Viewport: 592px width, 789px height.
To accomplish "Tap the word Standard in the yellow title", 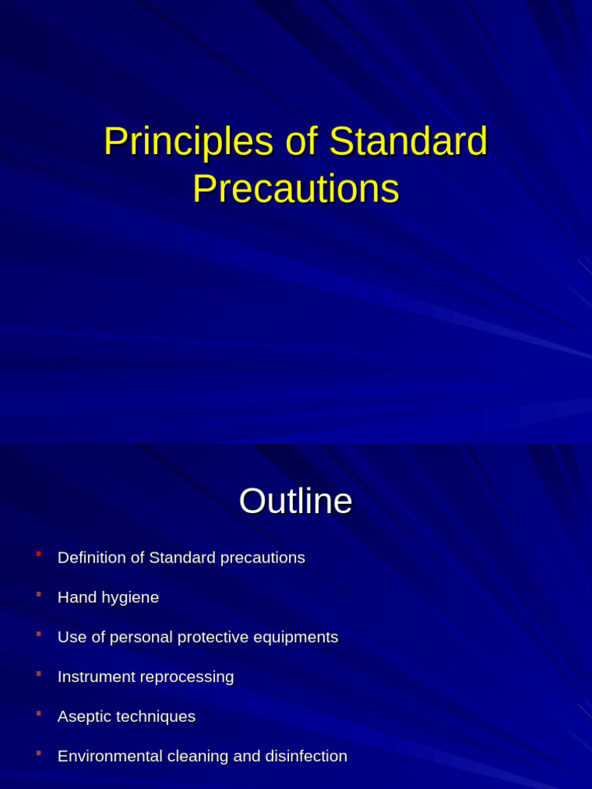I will (408, 143).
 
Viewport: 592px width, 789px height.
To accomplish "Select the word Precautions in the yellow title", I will (296, 190).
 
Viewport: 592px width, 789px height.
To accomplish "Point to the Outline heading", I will (295, 502).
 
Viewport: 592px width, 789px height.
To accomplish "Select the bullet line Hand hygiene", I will (108, 597).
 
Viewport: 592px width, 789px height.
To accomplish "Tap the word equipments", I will (297, 637).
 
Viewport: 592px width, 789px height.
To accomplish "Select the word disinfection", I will (306, 756).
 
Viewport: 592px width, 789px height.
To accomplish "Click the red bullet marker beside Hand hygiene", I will (39, 593).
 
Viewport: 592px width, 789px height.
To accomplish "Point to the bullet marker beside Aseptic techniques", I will (39, 713).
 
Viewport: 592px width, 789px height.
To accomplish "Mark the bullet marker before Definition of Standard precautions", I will (39, 553).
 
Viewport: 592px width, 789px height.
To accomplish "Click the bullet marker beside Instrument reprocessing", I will (39, 673).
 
